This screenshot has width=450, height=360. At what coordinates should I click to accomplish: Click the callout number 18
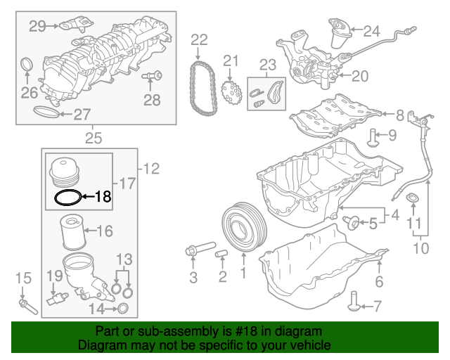103,197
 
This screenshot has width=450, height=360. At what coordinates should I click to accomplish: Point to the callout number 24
371,30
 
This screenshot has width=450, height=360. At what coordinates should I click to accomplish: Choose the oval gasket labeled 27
48,112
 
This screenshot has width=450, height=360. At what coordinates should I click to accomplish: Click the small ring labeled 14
122,307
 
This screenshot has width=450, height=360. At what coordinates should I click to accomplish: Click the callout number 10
421,248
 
